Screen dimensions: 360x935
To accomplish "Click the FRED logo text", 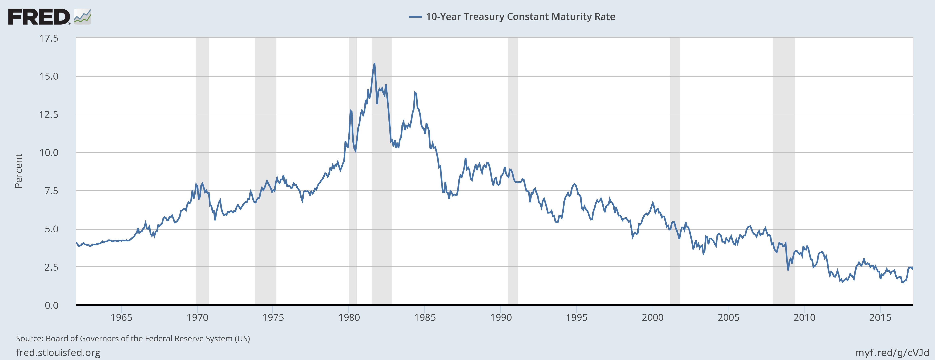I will coord(39,17).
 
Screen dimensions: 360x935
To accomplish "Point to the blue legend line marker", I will coord(415,17).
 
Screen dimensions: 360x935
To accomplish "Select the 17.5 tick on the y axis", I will coord(49,38).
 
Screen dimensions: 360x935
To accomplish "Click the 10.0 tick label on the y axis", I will coord(49,152).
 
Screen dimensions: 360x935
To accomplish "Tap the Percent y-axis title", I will coord(18,171).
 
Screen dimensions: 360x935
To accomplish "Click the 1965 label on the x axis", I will coord(121,318).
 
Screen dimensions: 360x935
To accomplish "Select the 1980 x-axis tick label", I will coord(349,318).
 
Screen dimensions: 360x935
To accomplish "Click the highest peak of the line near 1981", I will coord(374,64).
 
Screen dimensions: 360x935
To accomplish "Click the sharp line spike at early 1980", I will coord(351,110).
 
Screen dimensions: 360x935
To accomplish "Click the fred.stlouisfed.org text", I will coord(58,352).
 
